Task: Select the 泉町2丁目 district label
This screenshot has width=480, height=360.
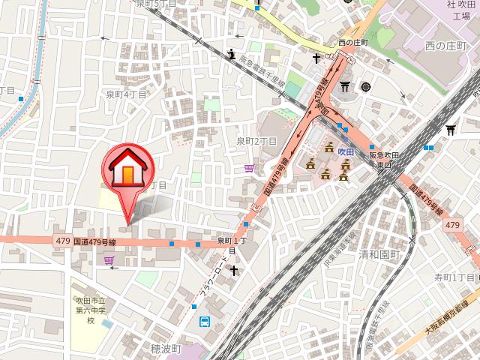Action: pyautogui.click(x=257, y=140)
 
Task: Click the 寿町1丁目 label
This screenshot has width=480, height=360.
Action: pyautogui.click(x=455, y=277)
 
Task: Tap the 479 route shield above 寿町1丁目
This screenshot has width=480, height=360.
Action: pyautogui.click(x=452, y=225)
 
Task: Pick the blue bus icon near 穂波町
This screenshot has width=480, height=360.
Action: pyautogui.click(x=204, y=322)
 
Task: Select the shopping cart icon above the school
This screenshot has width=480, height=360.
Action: pyautogui.click(x=110, y=260)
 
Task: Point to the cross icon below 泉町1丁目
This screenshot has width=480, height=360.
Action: pyautogui.click(x=232, y=268)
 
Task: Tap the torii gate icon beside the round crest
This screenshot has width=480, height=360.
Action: pyautogui.click(x=346, y=87)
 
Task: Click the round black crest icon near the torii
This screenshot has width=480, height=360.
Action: pyautogui.click(x=366, y=86)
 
